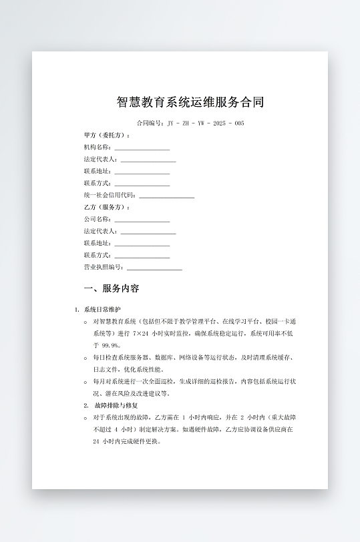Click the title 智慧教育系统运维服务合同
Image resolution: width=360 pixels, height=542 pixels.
tap(190, 102)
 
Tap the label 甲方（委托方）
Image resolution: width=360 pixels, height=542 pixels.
tap(106, 135)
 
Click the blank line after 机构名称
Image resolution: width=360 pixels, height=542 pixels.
tap(142, 149)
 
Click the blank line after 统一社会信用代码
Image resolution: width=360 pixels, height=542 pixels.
tap(166, 197)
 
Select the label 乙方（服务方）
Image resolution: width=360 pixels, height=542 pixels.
tap(106, 208)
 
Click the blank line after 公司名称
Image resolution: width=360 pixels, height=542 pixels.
tap(142, 221)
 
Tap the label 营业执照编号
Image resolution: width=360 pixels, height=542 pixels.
tap(104, 267)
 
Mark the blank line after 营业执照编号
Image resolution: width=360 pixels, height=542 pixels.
tap(154, 268)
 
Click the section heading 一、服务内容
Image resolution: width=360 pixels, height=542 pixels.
tap(112, 289)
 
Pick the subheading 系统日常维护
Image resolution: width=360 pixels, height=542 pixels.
tap(103, 310)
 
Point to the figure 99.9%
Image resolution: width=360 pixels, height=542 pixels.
tap(111, 345)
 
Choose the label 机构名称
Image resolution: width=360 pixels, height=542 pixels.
tap(98, 148)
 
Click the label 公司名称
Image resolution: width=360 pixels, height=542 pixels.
tap(98, 220)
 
